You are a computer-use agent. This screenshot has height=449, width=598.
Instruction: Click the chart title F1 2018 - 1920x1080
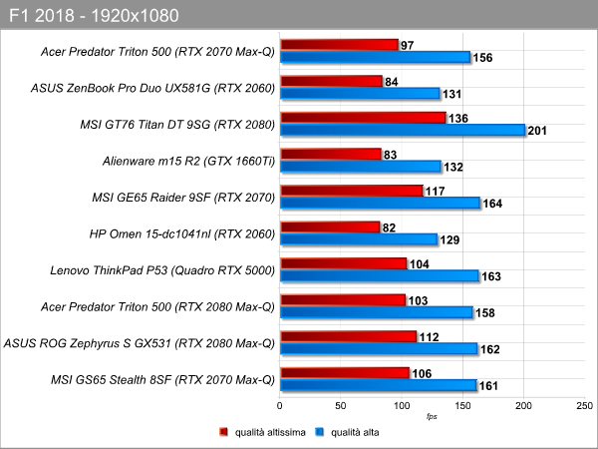coord(94,16)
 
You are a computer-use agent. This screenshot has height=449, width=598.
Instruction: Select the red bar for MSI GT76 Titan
coord(363,118)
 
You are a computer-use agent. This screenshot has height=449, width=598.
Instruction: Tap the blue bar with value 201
coord(403,130)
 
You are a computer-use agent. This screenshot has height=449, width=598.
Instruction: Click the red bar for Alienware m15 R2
coord(331,155)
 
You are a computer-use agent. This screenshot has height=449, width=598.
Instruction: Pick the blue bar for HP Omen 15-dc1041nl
coord(359,239)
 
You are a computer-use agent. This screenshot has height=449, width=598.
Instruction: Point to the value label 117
coord(436,191)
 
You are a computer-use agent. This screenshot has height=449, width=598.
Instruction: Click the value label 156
coord(482,58)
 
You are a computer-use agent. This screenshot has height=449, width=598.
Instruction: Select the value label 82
coord(389,227)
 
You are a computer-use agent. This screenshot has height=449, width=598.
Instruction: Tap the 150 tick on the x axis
coord(462,405)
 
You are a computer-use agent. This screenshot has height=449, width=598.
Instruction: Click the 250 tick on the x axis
coord(585,405)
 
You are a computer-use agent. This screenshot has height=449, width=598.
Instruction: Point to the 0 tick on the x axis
coord(280,405)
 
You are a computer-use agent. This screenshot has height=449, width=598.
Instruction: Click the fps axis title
coord(432,416)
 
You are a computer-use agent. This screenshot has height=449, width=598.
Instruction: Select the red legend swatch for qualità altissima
coord(223,432)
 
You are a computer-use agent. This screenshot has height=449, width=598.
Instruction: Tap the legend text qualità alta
coord(355,432)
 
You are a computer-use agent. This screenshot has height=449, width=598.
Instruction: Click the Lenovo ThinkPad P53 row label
coord(162,270)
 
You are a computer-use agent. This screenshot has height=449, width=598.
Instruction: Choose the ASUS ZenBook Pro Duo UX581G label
coord(152,88)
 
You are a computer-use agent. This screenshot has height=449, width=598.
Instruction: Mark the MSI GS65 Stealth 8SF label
coord(162,380)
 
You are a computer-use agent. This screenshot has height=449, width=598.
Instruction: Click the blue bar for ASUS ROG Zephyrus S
coord(379,348)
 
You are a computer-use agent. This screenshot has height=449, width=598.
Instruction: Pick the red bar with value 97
coord(340,45)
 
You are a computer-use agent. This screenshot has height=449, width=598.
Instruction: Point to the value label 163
coord(491,276)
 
